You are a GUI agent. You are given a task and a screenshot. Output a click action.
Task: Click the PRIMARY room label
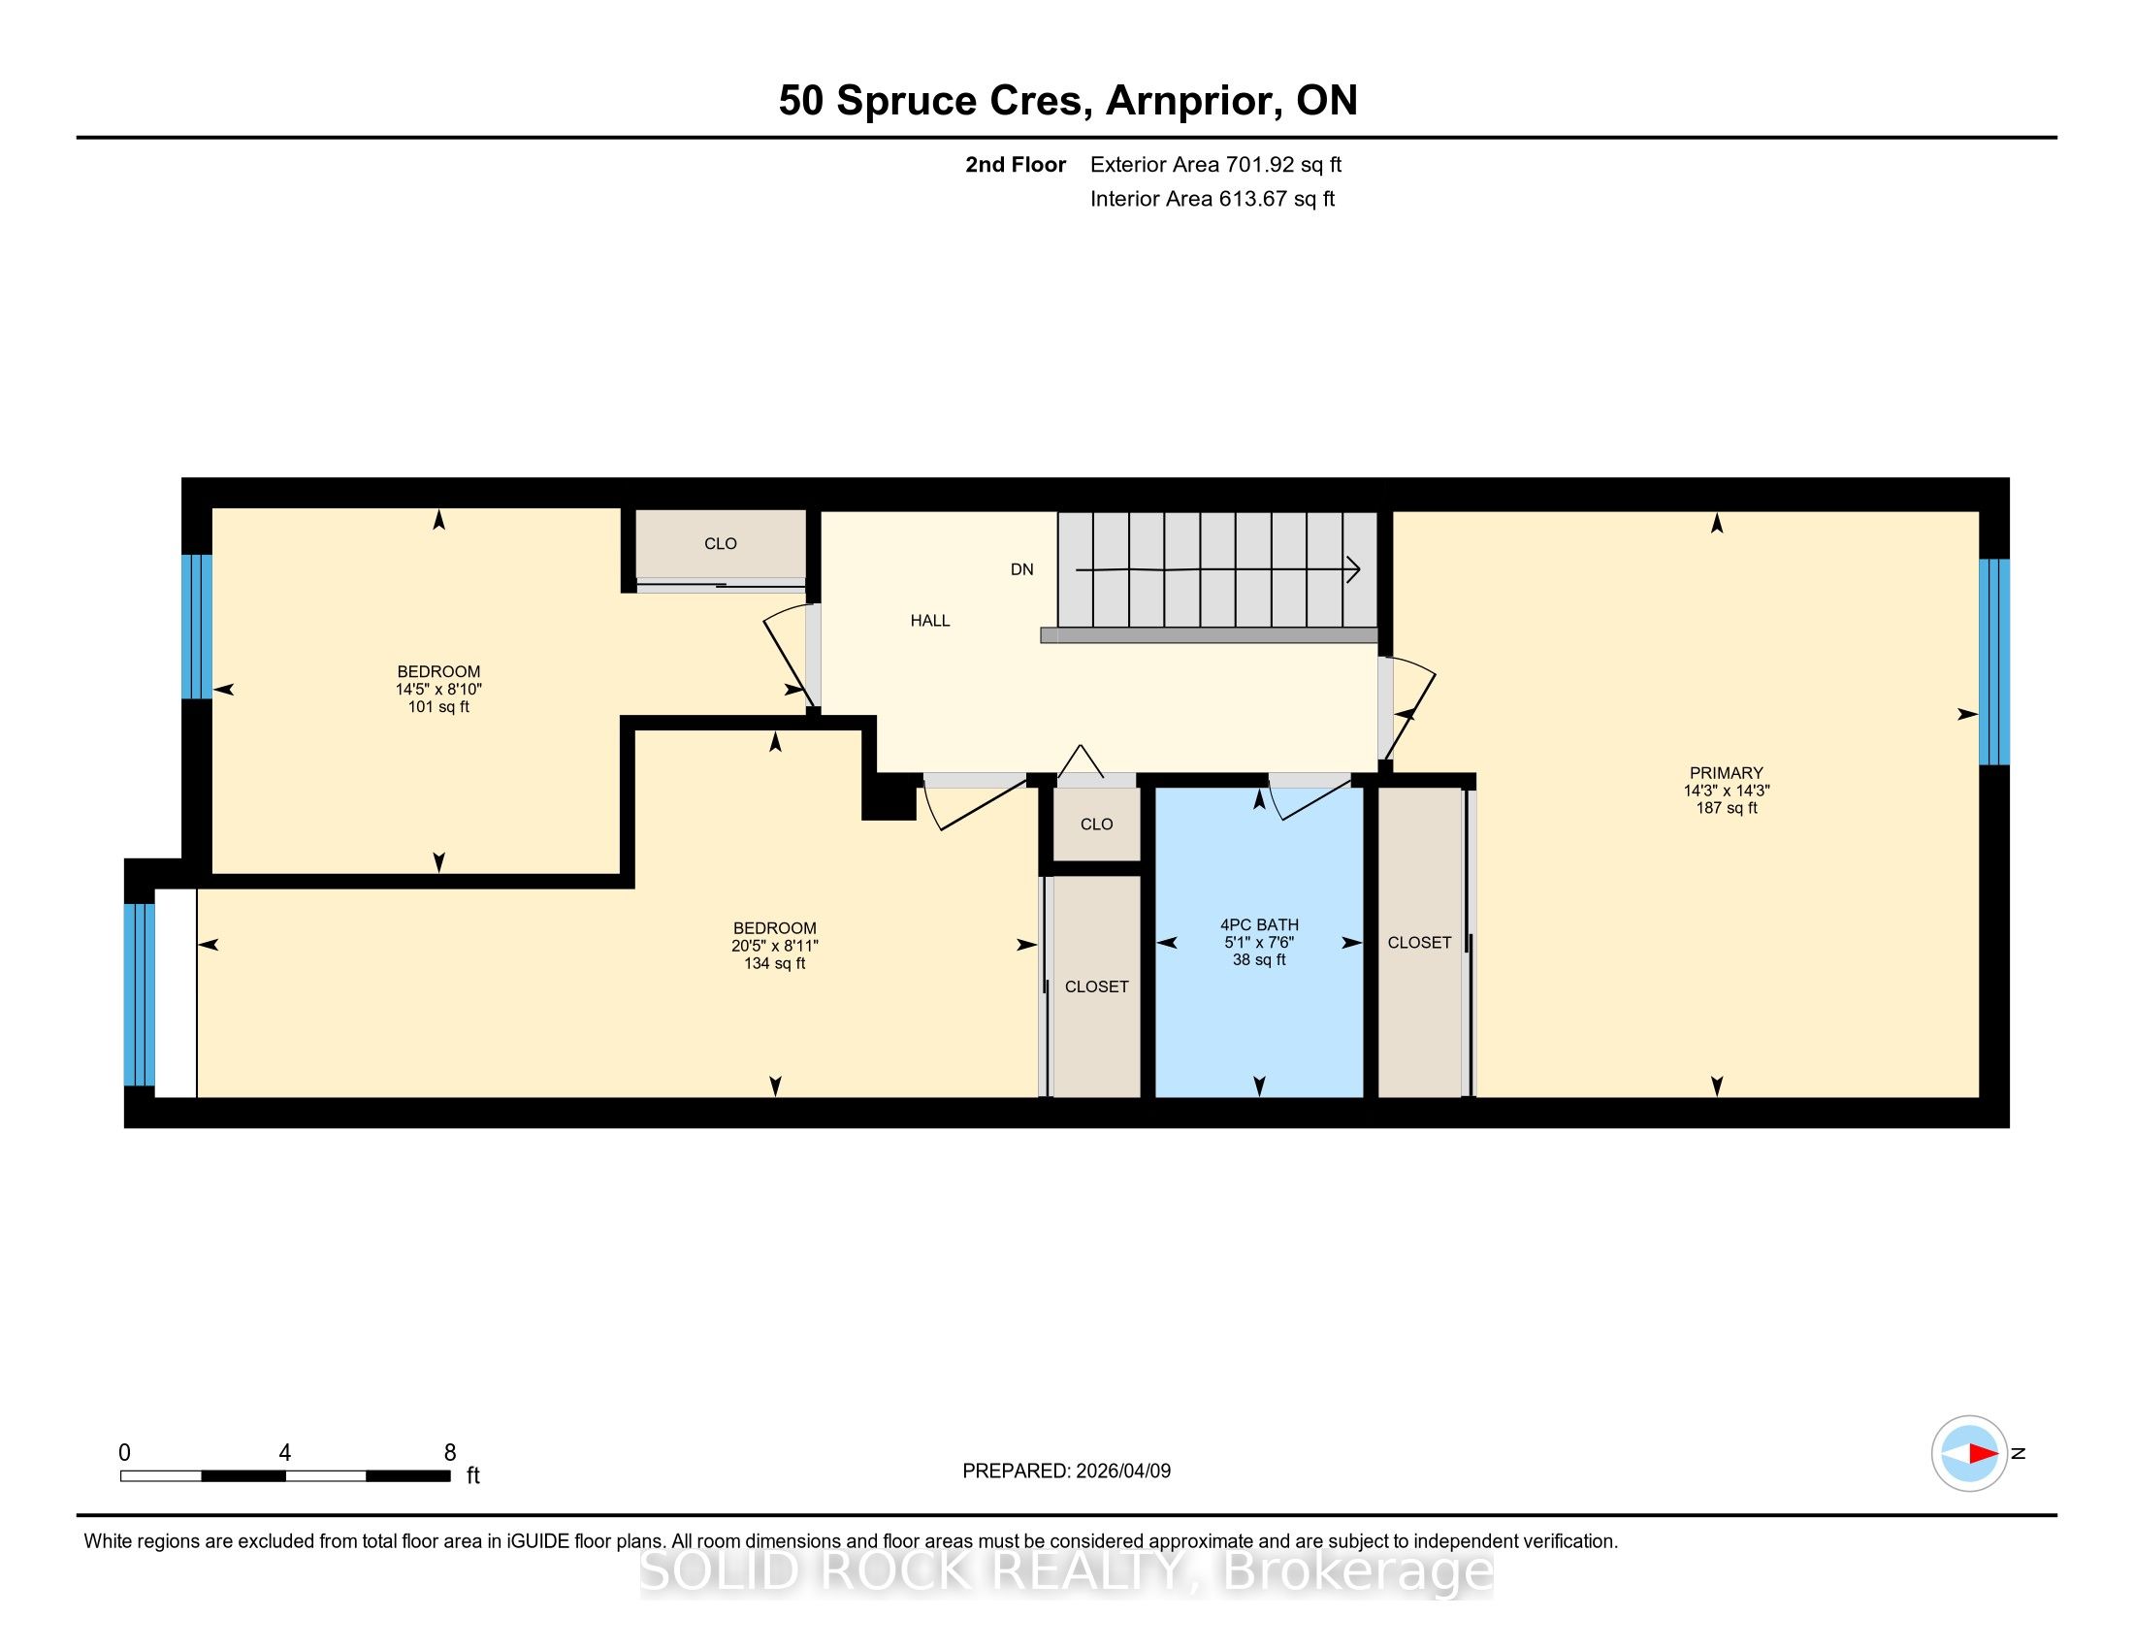1727,773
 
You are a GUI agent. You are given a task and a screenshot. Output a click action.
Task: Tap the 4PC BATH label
1259,925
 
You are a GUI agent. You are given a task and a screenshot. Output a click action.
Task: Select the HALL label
930,621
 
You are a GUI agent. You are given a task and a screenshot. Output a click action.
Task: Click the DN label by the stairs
1022,569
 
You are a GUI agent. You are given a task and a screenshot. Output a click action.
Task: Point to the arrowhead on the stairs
1354,569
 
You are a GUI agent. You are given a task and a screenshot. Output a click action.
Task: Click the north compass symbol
1969,1454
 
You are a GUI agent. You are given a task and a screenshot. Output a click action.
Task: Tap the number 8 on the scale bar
450,1453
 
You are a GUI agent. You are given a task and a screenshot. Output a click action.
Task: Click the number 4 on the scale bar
284,1453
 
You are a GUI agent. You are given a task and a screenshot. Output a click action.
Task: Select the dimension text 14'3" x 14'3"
1727,791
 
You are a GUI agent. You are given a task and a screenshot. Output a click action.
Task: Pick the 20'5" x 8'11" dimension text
775,946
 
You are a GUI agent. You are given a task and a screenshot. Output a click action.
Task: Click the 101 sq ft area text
438,706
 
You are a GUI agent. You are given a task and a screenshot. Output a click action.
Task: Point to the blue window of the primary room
1994,662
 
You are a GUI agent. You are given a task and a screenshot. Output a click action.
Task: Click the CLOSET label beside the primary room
1420,943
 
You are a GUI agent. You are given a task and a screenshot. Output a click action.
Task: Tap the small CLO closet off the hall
1096,824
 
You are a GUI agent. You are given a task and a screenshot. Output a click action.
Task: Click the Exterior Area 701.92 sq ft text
1216,164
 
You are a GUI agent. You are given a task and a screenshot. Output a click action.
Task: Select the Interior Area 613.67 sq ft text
1212,198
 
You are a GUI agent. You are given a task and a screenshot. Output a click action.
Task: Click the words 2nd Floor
1016,164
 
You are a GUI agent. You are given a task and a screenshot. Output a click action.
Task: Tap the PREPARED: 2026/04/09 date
1067,1471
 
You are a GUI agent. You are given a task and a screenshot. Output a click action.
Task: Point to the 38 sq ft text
1259,960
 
